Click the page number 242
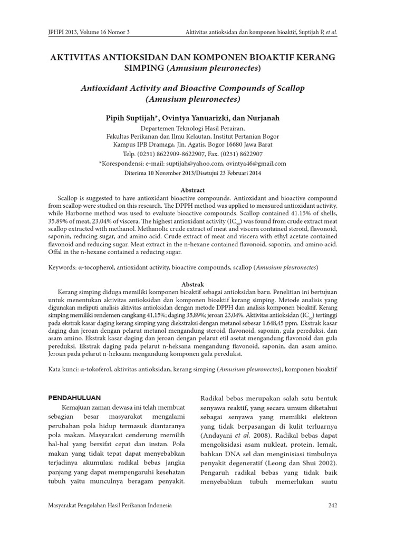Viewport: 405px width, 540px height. click(332, 506)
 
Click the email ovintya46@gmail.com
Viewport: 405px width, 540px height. click(261, 163)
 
